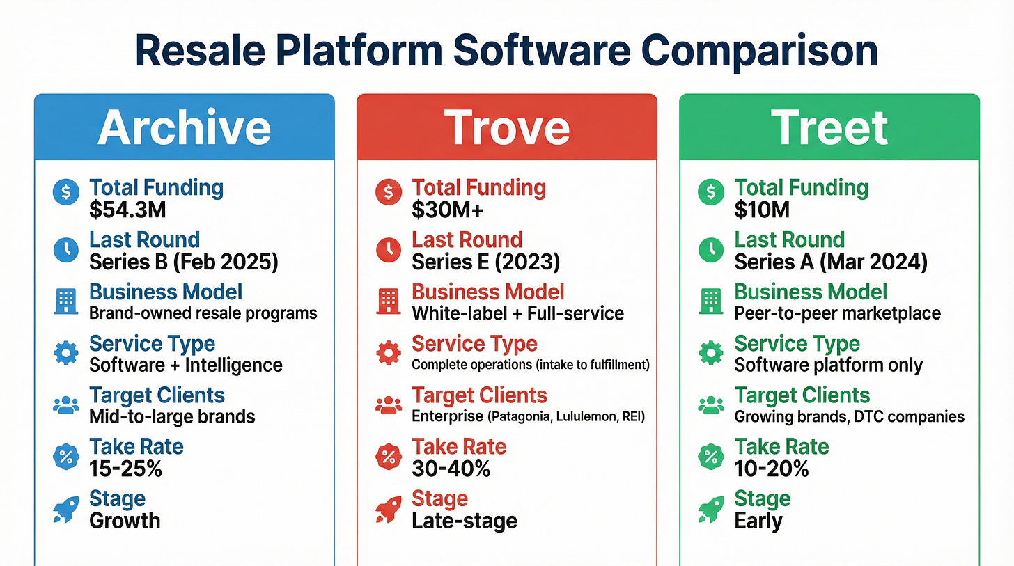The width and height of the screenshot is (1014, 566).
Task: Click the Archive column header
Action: pyautogui.click(x=185, y=127)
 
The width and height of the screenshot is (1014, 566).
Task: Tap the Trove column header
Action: pyautogui.click(x=506, y=127)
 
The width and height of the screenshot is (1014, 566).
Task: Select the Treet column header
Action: pyautogui.click(x=829, y=127)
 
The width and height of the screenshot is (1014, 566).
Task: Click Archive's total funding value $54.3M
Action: pyautogui.click(x=127, y=210)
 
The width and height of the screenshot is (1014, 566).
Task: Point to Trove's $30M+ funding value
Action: pyautogui.click(x=448, y=210)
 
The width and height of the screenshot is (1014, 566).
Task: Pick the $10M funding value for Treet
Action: pyautogui.click(x=762, y=210)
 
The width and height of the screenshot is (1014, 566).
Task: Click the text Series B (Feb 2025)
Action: pyautogui.click(x=184, y=262)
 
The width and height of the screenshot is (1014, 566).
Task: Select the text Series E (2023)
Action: pyautogui.click(x=485, y=262)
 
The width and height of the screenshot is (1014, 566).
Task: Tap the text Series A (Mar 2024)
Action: pyautogui.click(x=831, y=262)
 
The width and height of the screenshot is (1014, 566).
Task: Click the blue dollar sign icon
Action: pyautogui.click(x=66, y=192)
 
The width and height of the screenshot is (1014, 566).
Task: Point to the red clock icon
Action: pyautogui.click(x=389, y=250)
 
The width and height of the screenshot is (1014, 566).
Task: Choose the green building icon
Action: pyautogui.click(x=710, y=301)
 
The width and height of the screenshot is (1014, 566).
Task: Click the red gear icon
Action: pyautogui.click(x=389, y=353)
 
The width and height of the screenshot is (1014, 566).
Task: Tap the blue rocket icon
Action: pyautogui.click(x=66, y=509)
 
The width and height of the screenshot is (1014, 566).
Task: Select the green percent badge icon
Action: pyautogui.click(x=710, y=457)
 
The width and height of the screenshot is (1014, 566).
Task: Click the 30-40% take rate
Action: pyautogui.click(x=451, y=469)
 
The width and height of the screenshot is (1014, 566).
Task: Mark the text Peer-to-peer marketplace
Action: pyautogui.click(x=837, y=313)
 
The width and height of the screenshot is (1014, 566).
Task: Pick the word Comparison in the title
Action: pyautogui.click(x=760, y=51)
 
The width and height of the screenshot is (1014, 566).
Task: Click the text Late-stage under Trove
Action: pyautogui.click(x=465, y=521)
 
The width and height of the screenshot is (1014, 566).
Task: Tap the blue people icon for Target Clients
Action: pyautogui.click(x=66, y=405)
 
